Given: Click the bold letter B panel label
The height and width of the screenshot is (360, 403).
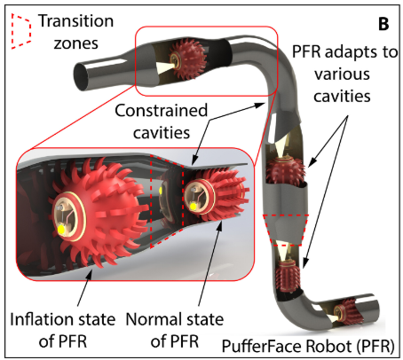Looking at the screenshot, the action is [383, 24].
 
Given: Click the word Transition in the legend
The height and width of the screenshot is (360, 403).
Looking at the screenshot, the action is [76, 21].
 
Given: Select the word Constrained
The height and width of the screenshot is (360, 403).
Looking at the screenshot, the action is [162, 111].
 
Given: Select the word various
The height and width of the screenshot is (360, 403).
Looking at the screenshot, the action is [342, 74].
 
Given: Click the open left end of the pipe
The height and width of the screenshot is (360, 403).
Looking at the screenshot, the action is [81, 76].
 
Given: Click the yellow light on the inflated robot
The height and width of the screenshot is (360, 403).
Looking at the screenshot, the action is [62, 229].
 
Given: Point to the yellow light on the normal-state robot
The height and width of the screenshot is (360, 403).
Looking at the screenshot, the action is [194, 207].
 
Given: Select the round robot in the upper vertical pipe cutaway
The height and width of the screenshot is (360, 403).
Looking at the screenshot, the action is [285, 171].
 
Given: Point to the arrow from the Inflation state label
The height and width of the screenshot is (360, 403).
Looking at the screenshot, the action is [85, 289].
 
